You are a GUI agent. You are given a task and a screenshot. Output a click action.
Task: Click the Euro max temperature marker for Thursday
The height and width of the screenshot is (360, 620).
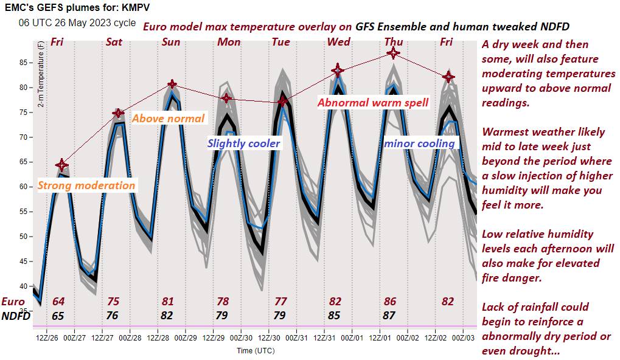[394, 54]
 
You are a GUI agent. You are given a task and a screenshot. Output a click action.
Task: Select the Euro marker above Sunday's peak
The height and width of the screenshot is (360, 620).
[172, 84]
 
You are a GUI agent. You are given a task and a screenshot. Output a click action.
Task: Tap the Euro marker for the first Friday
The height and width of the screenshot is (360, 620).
[61, 165]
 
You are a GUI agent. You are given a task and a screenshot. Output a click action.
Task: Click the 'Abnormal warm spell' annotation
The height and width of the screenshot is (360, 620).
[372, 102]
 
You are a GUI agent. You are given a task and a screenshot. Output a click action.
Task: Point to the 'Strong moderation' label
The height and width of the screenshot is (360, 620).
[86, 185]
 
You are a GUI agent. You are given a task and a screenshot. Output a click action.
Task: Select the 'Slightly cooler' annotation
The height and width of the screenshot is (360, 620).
[244, 144]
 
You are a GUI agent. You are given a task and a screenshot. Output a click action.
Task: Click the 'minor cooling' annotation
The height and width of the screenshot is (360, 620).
[419, 144]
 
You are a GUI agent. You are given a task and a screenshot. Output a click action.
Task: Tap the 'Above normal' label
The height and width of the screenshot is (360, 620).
[169, 118]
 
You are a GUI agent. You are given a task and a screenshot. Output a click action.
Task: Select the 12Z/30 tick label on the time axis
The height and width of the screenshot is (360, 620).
[269, 337]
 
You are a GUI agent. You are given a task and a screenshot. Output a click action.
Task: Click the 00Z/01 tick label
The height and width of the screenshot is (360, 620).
[353, 337]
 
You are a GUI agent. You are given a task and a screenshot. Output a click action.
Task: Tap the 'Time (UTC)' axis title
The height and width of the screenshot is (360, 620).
[256, 351]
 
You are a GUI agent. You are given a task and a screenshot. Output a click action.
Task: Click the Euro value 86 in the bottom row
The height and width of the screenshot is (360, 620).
[389, 302]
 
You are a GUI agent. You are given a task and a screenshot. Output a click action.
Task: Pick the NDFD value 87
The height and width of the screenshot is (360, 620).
[389, 315]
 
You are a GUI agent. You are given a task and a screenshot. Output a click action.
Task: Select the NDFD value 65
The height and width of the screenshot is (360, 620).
[58, 315]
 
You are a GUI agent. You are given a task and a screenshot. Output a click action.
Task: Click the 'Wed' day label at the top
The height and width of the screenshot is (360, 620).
[338, 42]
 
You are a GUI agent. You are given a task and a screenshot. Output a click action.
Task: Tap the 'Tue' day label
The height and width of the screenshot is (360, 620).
[281, 42]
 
